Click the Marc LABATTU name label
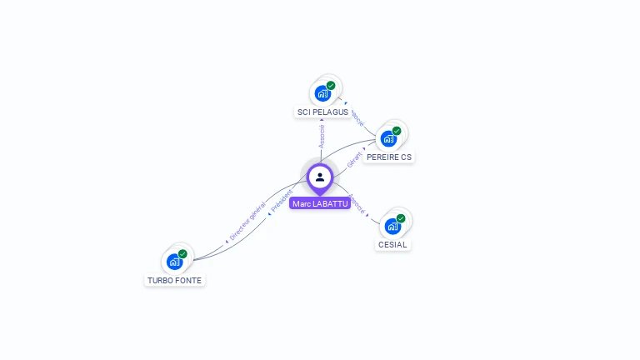coord(320,203)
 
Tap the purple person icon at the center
coord(320,177)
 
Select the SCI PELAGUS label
coord(322,112)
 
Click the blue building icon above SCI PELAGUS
coord(322,93)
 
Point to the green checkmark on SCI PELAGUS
coord(331,86)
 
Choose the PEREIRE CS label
coord(388,157)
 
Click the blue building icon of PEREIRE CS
coord(388,138)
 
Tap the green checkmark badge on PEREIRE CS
coord(397,131)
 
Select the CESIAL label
coord(392,245)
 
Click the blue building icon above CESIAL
coord(392,226)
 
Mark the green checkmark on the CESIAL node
coord(401,218)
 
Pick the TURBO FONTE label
coord(174,281)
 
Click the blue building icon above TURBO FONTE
coord(174,262)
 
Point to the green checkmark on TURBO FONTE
coord(182,254)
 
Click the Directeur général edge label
coord(247,222)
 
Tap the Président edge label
coord(282,202)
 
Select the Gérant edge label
coord(355,158)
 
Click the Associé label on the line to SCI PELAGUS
coord(322,136)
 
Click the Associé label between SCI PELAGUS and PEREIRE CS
coord(357,116)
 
